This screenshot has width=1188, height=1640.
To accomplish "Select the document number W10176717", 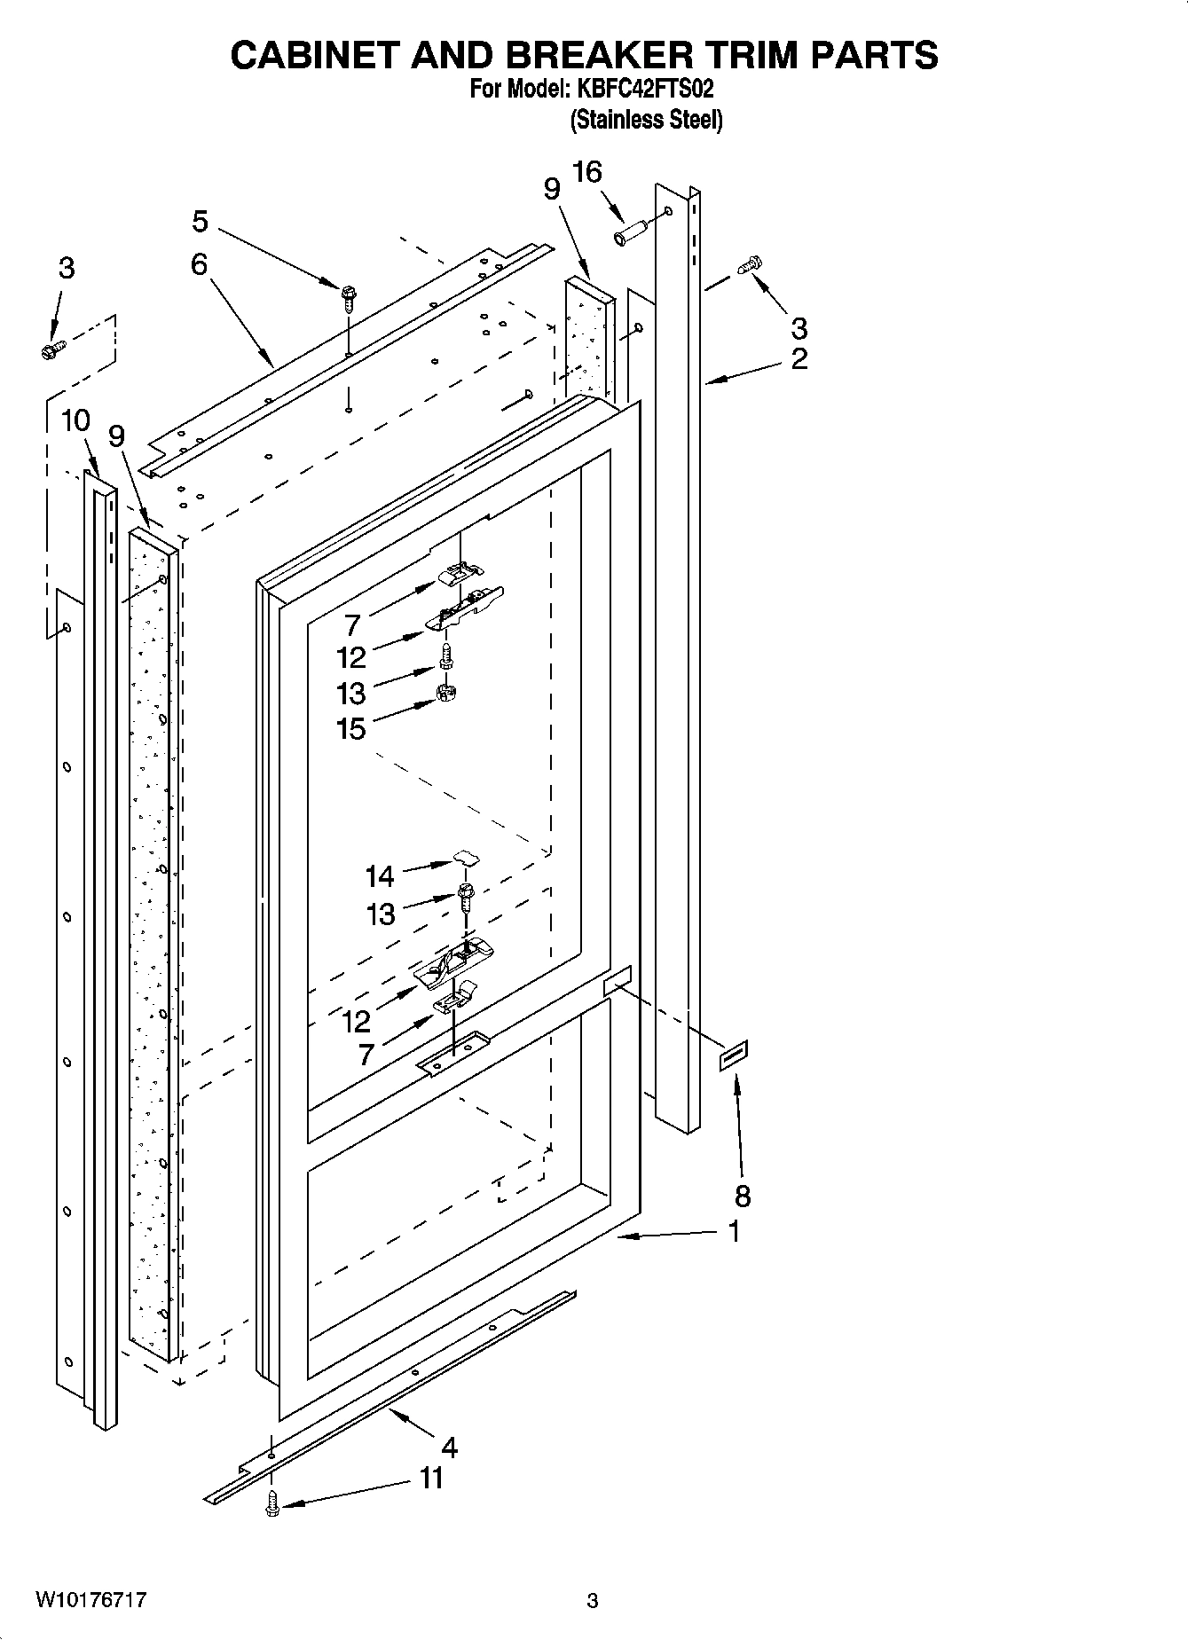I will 91,1600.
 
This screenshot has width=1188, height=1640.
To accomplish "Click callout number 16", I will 587,172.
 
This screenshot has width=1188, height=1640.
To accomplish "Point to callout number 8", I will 743,1196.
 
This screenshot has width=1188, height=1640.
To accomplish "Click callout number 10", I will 75,420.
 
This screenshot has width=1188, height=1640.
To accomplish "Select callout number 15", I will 351,729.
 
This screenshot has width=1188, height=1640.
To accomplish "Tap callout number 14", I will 380,876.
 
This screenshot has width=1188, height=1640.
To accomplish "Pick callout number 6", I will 199,264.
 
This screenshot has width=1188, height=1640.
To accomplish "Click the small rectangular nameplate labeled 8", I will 734,1055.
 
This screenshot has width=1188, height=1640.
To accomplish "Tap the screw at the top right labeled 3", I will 751,264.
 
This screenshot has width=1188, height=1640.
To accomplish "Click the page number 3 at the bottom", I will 593,1600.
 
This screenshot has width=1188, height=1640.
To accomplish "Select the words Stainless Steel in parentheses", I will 645,120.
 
